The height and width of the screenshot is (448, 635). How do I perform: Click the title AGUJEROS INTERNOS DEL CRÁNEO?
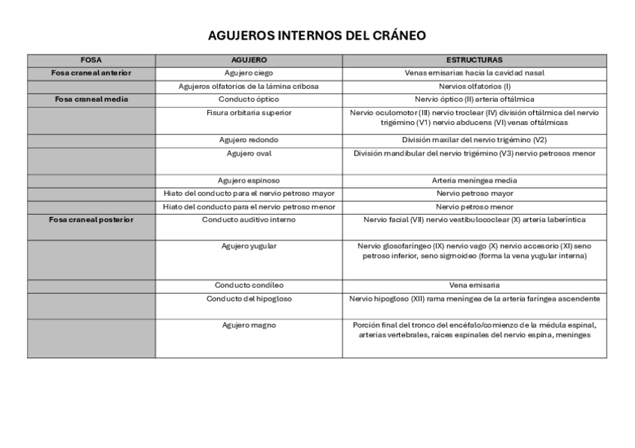[x=317, y=35]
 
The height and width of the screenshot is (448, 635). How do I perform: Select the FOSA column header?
[x=91, y=60]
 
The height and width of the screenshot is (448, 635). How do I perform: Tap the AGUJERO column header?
[x=249, y=60]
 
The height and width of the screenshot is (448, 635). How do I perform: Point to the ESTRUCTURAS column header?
[x=474, y=60]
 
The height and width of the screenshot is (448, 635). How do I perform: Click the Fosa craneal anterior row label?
[x=91, y=73]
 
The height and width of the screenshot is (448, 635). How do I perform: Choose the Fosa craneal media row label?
[x=91, y=99]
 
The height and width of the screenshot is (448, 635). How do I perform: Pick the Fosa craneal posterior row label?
[x=91, y=220]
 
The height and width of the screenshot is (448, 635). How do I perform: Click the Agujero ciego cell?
[x=249, y=73]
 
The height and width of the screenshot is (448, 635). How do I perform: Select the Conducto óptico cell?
[x=249, y=99]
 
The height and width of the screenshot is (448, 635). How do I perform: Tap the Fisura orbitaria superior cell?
[x=249, y=113]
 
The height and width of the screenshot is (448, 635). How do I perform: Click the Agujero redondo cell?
[x=249, y=140]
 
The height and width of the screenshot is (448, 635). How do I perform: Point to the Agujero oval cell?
[x=249, y=153]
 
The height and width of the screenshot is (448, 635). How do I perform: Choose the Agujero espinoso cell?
[x=249, y=180]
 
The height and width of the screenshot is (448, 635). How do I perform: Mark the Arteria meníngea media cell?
[x=474, y=180]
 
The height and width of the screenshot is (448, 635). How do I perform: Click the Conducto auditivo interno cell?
[x=249, y=220]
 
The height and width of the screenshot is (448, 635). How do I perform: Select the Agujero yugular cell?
[x=249, y=245]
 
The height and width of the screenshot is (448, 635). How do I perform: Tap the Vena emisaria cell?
[x=474, y=286]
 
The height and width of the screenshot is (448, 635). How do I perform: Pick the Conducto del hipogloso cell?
[x=249, y=299]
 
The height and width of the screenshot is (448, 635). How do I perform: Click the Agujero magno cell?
[x=249, y=325]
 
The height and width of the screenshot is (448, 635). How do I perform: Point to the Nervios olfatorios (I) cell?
[x=474, y=87]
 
